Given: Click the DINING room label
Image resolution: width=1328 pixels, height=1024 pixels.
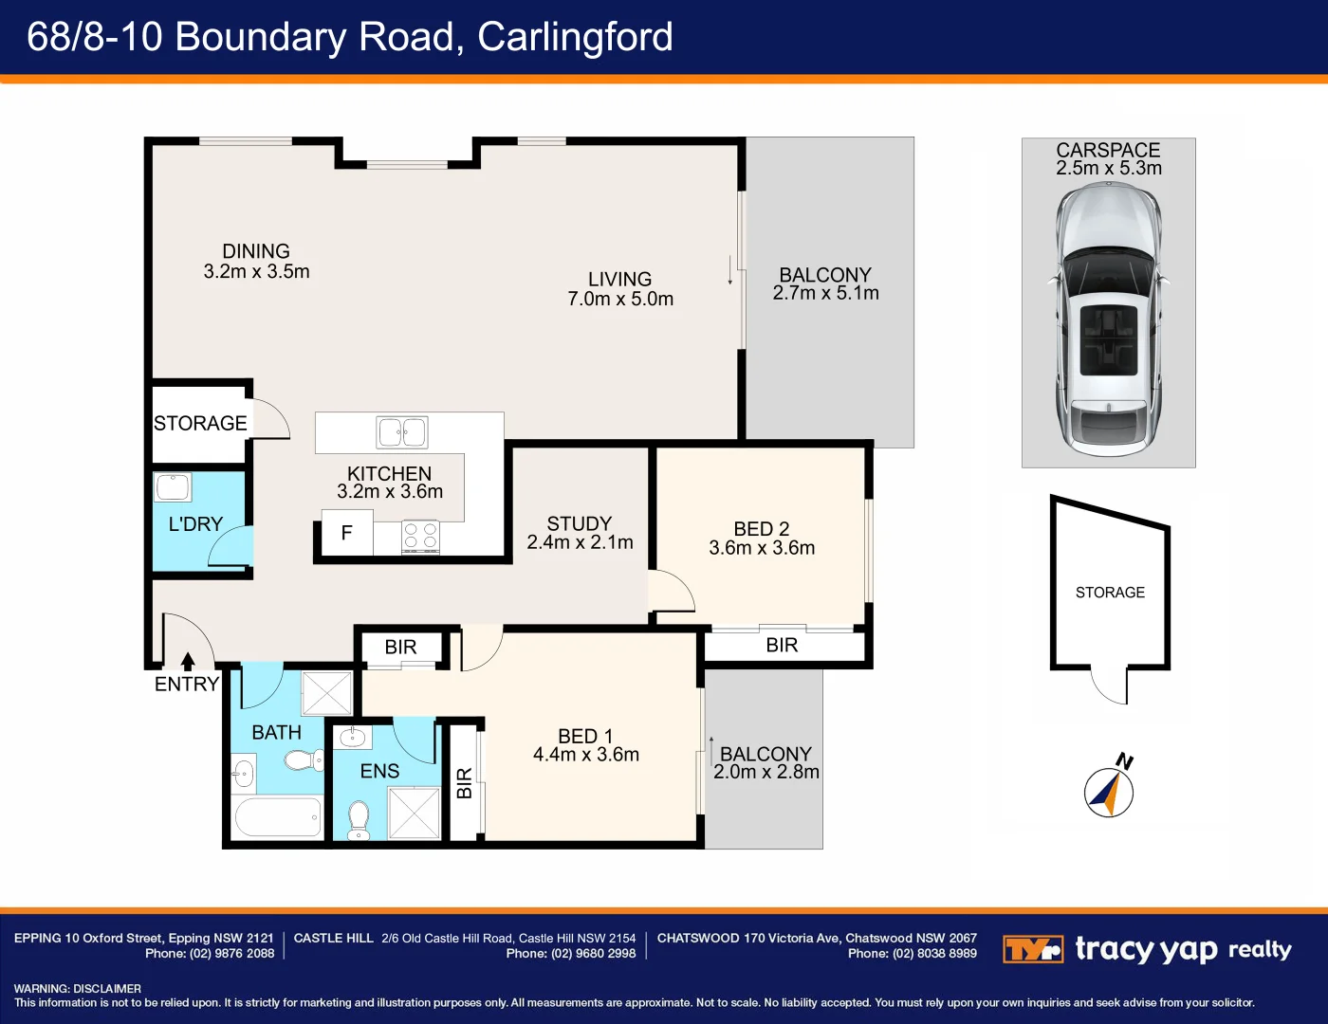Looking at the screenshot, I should [x=256, y=251].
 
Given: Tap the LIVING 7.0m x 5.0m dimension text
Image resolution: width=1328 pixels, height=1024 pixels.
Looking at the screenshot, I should [x=620, y=300].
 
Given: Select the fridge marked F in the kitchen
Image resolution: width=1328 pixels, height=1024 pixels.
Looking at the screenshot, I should [x=346, y=533].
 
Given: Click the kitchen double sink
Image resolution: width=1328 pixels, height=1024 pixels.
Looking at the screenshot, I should [x=402, y=431].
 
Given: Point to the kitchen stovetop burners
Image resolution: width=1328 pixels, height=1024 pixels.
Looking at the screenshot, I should [x=420, y=537].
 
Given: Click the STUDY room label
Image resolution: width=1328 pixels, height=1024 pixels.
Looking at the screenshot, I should [x=580, y=523].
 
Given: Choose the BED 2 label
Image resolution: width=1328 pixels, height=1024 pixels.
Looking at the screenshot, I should [x=761, y=529].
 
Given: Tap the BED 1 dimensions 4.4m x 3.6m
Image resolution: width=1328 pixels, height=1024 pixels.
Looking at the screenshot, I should [x=586, y=755].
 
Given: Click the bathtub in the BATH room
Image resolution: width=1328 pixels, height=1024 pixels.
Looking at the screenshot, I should [x=279, y=815].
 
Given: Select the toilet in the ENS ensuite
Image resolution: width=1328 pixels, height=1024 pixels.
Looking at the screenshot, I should [x=359, y=819].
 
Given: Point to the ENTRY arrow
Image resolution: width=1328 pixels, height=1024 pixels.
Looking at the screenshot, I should [x=188, y=661].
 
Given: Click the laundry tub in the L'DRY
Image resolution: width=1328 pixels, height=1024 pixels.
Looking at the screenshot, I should [x=174, y=487].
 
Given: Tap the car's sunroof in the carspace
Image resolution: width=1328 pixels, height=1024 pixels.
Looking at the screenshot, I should [x=1108, y=338].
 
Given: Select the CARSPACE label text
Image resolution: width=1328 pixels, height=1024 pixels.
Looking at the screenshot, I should [x=1108, y=150].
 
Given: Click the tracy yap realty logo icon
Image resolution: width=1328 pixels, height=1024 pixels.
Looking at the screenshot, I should [x=1032, y=949].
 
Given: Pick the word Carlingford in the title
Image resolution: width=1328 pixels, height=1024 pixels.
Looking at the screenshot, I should [x=575, y=37].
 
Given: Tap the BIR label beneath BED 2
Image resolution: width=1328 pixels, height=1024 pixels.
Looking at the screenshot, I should [x=782, y=646].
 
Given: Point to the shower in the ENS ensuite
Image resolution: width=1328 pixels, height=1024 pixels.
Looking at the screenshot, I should [x=415, y=812].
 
